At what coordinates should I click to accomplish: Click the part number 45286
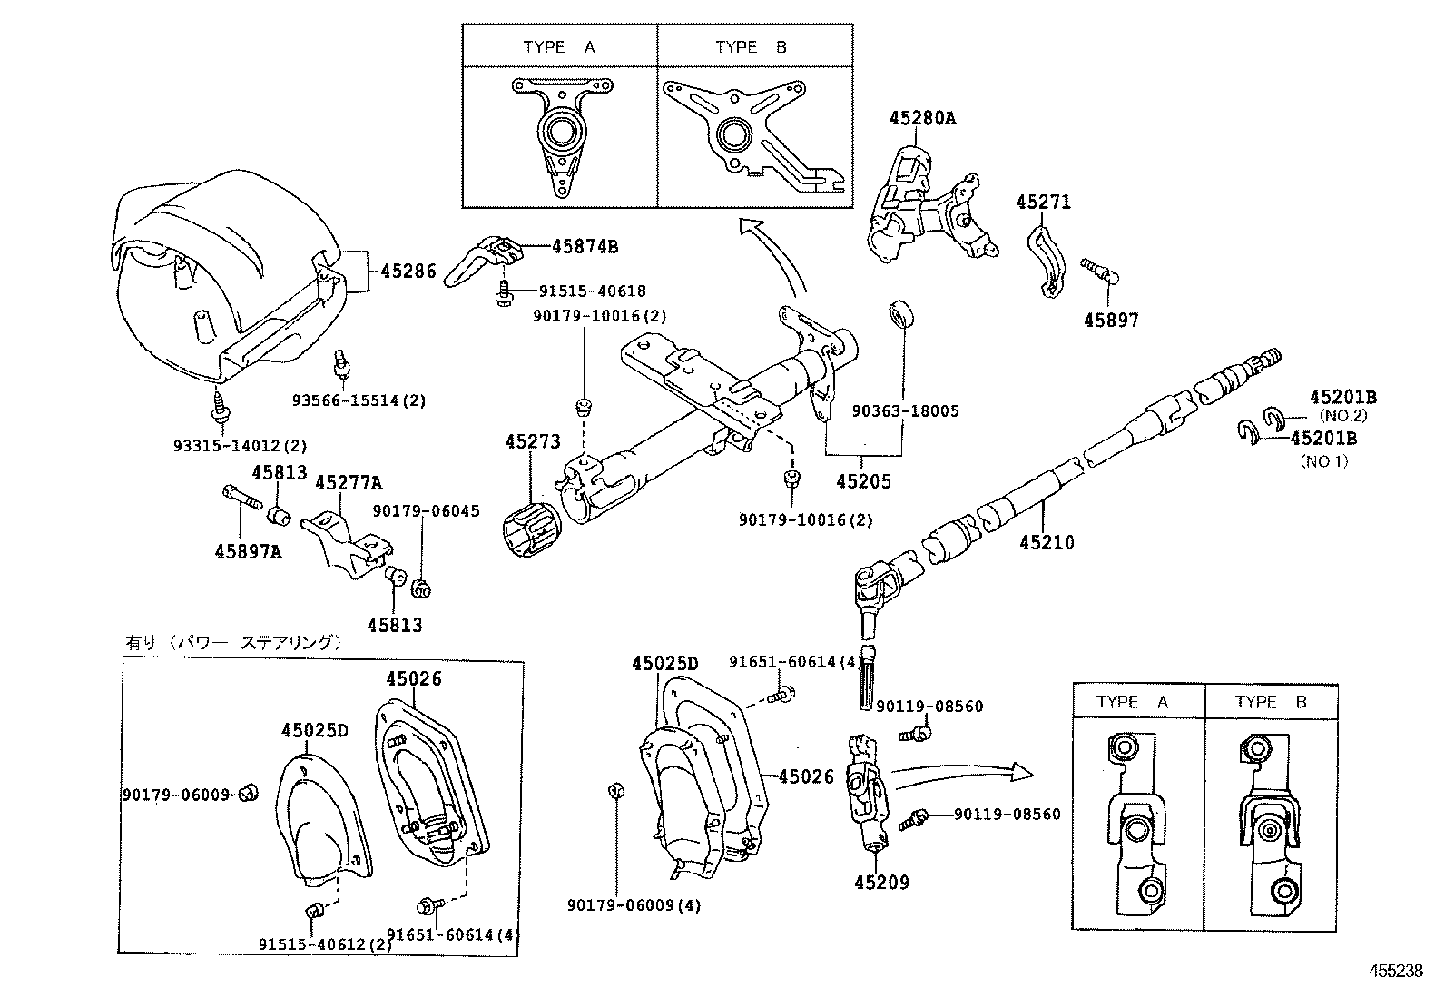point(408,271)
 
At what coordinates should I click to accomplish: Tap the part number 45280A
point(922,118)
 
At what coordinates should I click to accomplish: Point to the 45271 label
point(1043,202)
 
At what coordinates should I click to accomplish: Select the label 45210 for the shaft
point(1046,542)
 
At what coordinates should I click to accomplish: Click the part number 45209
point(880,882)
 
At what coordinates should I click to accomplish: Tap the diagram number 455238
point(1396,970)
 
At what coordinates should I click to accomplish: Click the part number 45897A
point(248,550)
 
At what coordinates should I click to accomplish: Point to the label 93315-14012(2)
point(241,445)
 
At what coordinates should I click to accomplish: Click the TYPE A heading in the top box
point(558,47)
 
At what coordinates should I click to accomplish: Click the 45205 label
point(863,481)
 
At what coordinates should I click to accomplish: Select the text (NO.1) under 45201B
point(1325,460)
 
